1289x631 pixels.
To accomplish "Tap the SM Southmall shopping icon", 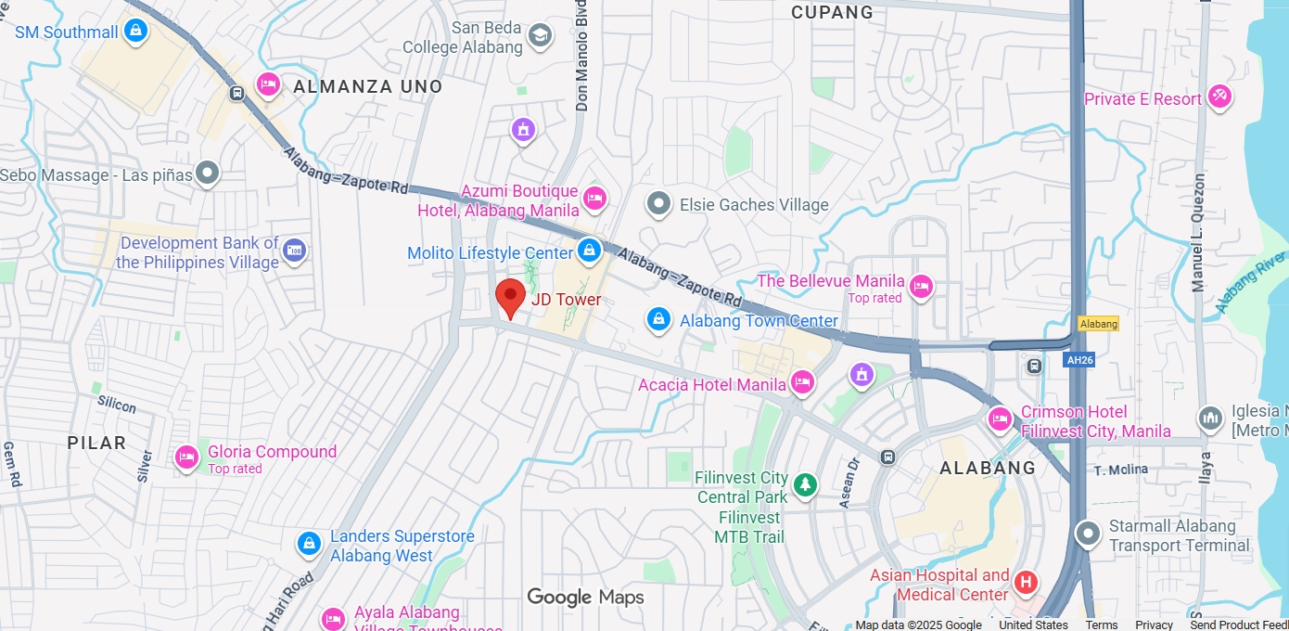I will coord(136,32).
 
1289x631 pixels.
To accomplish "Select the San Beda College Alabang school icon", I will coord(539,36).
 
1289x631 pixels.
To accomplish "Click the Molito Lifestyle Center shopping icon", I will coord(589,250).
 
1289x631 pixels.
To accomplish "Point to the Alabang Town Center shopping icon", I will coord(658,320).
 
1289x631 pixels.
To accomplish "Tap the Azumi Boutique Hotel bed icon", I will coord(594,199).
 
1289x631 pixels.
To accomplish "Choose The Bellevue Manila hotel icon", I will coord(921,287).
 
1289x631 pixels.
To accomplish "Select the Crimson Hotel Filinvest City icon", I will coord(999,419).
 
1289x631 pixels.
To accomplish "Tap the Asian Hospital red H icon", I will coord(1026,583).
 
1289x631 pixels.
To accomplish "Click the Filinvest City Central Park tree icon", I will coord(806,484).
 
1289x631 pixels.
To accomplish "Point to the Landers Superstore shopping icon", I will coord(309,544).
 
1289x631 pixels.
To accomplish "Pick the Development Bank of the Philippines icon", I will coord(295,251).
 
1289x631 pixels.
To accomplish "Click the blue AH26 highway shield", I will coord(1079,359).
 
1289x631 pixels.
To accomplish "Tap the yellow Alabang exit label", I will coord(1099,324).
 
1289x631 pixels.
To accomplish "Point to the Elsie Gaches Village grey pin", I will coord(658,203).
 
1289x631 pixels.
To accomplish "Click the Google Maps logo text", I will coord(585,597).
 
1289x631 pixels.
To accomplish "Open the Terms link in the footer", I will coord(1102,625).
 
